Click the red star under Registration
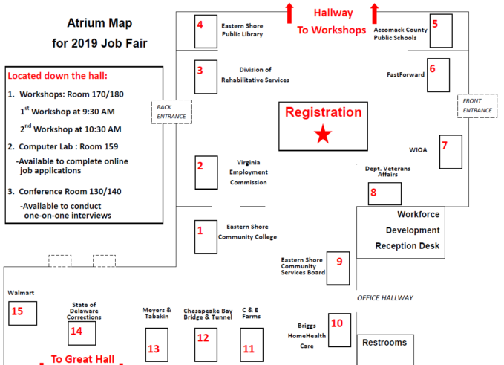[323, 135]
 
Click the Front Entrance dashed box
[477, 105]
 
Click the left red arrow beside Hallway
[289, 13]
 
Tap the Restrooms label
[384, 343]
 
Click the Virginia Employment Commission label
[249, 172]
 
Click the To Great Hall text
[82, 359]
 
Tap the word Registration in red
[323, 113]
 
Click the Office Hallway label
[384, 297]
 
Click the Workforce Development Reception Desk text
[408, 230]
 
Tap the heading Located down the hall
[57, 76]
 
